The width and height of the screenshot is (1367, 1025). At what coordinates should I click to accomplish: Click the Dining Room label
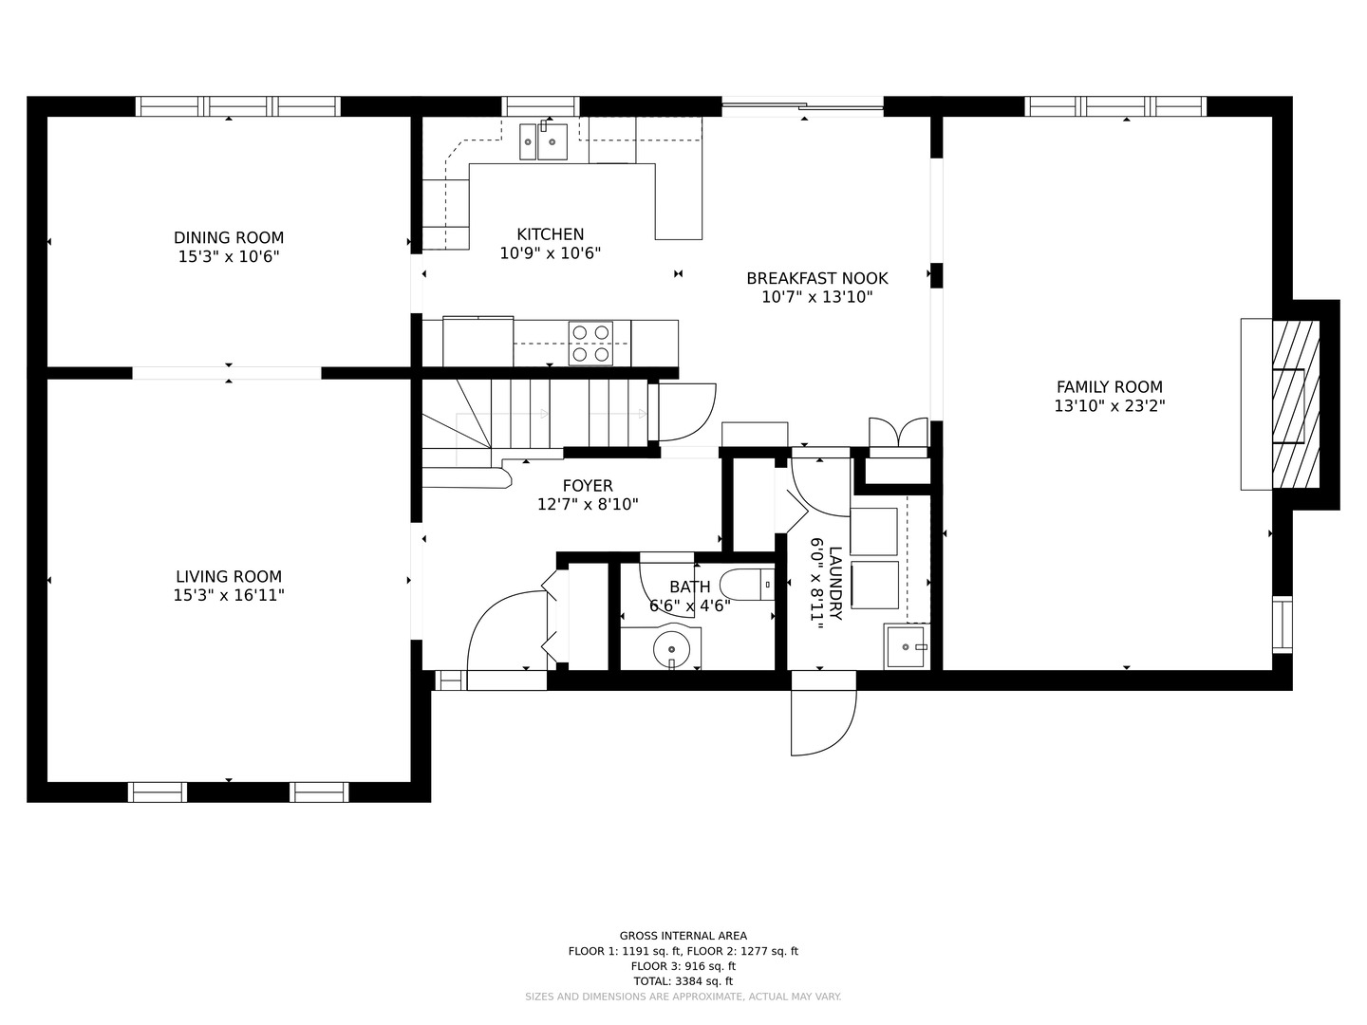[x=229, y=237]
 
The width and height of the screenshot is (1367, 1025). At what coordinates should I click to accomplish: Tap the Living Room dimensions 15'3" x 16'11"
[x=229, y=596]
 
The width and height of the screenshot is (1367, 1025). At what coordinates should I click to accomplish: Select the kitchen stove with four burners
[x=590, y=343]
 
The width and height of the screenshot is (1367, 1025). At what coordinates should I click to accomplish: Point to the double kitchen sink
[x=544, y=141]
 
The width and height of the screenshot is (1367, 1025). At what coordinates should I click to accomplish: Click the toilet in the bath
[x=747, y=585]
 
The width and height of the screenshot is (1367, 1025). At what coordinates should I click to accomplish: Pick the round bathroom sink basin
[x=671, y=650]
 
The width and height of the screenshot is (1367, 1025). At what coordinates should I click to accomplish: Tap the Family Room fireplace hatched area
[x=1296, y=404]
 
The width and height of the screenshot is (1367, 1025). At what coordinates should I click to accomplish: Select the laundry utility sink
[x=907, y=646]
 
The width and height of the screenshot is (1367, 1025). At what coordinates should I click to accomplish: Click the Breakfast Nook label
[x=817, y=278]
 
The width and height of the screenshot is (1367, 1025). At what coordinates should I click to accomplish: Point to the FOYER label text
[x=588, y=485]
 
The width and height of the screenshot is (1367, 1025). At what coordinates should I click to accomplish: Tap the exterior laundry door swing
[x=823, y=722]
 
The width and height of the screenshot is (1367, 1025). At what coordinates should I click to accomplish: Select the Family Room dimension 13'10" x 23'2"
[x=1109, y=406]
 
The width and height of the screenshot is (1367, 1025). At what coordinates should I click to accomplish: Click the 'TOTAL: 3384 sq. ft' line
[x=683, y=981]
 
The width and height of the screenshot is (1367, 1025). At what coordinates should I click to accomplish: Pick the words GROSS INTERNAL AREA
[x=683, y=936]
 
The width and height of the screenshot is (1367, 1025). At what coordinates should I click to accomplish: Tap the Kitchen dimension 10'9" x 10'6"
[x=550, y=253]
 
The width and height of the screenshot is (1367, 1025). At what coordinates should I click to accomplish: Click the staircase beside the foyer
[x=535, y=414]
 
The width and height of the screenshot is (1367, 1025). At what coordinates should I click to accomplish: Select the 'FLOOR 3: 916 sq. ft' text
[x=683, y=966]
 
